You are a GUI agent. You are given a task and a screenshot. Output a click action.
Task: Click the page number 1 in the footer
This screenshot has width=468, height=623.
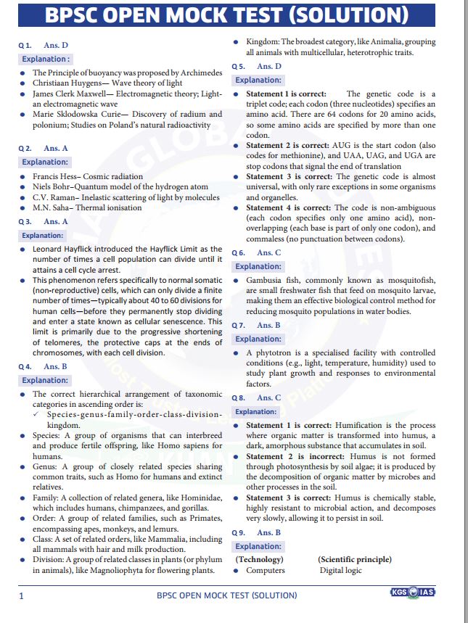[x=22, y=595]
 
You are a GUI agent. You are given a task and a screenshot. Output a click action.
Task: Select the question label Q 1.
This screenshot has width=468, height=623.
[x=25, y=45]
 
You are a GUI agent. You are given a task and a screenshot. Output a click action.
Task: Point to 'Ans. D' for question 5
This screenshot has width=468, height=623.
[x=268, y=66]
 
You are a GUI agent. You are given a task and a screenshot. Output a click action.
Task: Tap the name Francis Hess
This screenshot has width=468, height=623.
[x=57, y=176]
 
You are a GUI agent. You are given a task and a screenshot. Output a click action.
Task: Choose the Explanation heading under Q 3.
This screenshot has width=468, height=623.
[x=43, y=236]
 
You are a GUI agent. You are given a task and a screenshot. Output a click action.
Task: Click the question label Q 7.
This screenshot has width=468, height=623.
[x=238, y=326]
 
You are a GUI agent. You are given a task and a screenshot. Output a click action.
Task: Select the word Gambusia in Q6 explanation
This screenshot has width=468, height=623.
[x=266, y=280]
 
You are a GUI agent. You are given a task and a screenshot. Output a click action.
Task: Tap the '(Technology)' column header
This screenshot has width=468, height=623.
[x=260, y=559]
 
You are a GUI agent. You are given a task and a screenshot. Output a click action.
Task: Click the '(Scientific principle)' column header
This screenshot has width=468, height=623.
[x=354, y=559]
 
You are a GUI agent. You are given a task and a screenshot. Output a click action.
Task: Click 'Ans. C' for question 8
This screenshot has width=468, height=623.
[x=268, y=397]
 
